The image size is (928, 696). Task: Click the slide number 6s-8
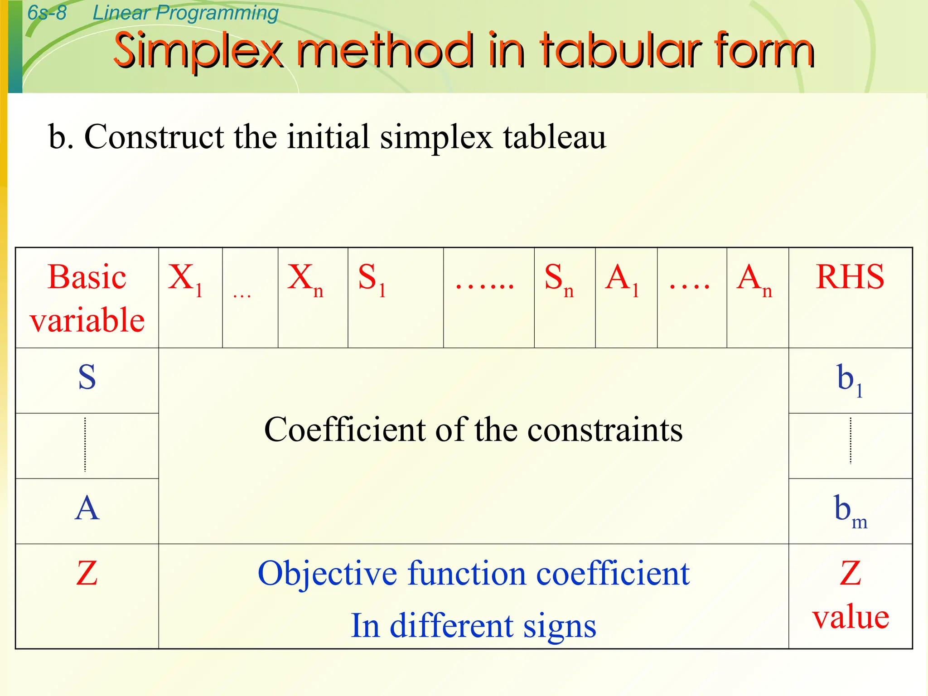47,13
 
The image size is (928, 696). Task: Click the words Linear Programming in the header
185,13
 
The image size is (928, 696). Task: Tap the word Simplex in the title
198,51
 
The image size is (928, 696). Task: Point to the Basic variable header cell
87,298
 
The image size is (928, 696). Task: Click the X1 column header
185,279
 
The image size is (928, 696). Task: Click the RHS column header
850,277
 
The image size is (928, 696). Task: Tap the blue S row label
87,377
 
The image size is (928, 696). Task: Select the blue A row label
87,508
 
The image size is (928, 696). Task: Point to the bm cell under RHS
851,511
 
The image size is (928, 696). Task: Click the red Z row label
87,574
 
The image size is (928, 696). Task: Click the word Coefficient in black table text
344,430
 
